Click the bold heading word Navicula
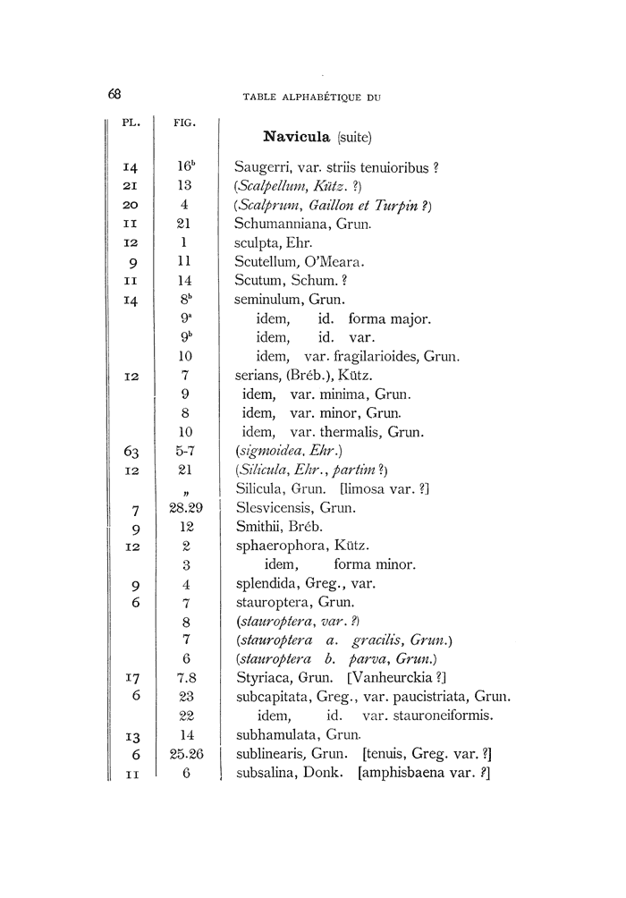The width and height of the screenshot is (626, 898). [x=298, y=137]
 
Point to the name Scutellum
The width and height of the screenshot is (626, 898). [x=265, y=262]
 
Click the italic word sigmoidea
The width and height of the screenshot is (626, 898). [x=270, y=453]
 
